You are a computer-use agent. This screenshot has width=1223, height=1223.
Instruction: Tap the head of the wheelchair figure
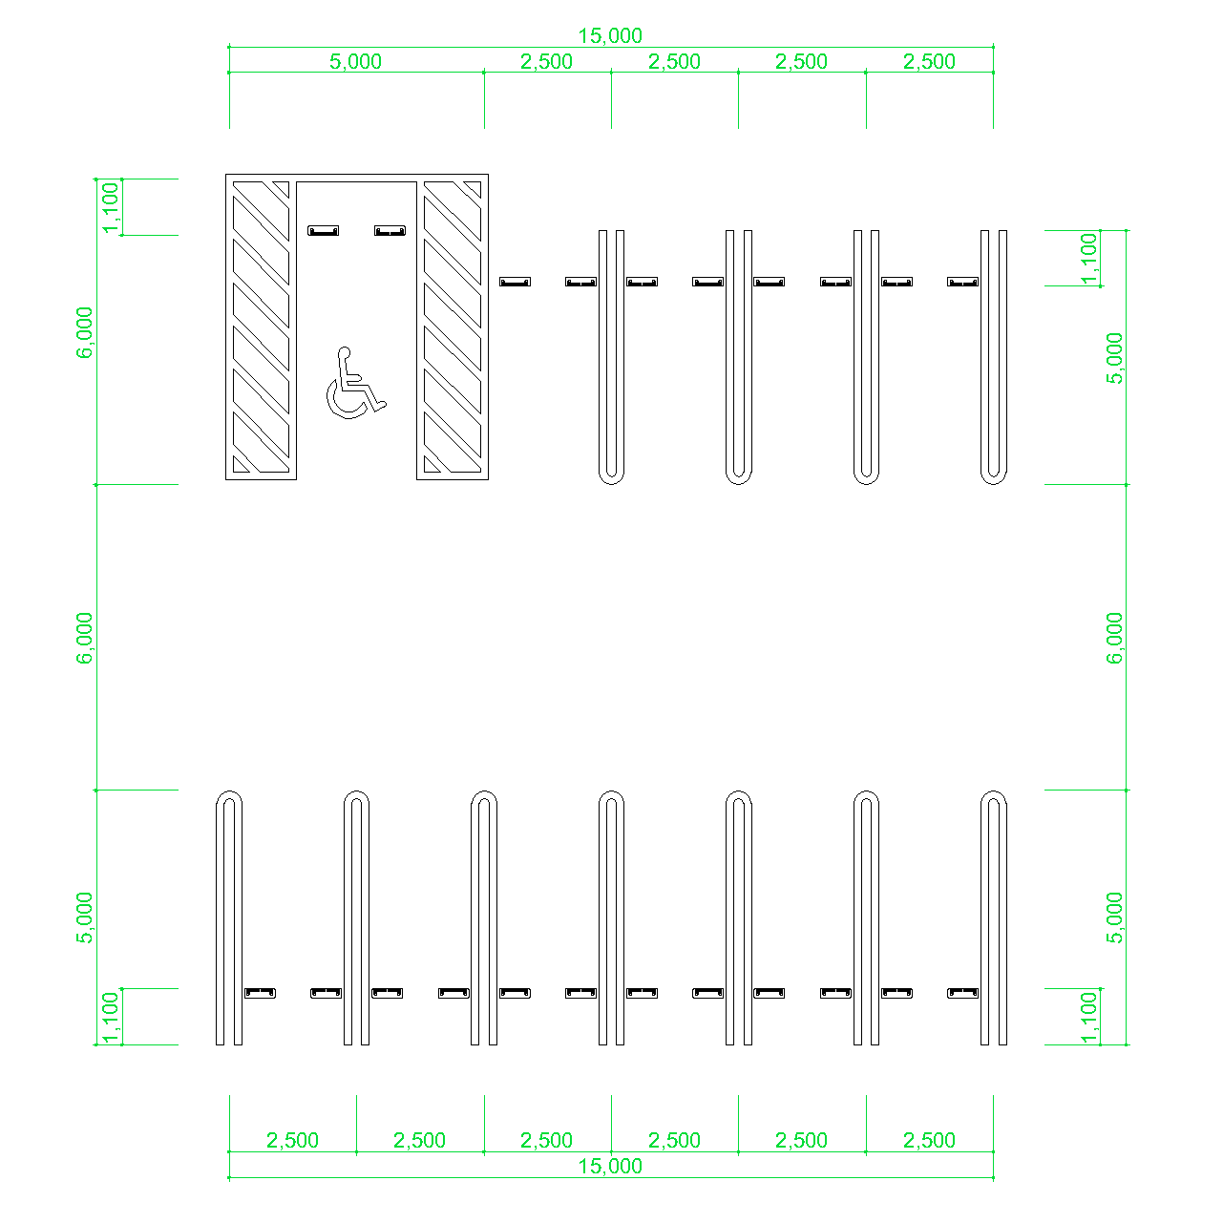(x=344, y=352)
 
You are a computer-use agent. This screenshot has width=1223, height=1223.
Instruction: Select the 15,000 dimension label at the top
(x=610, y=35)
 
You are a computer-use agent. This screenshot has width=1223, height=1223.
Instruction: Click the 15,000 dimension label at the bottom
(x=610, y=1166)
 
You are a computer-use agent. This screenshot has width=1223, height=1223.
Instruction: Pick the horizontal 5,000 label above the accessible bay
(x=355, y=61)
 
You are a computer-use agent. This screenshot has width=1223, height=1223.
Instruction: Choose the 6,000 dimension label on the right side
(x=1114, y=638)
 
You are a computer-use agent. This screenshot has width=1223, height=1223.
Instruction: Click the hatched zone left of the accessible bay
(x=261, y=327)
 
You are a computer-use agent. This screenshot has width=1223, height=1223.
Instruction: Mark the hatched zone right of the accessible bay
(x=453, y=327)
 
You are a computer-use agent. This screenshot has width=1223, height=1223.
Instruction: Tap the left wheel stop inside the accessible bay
(x=323, y=230)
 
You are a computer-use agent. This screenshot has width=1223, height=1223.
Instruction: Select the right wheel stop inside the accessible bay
(x=390, y=230)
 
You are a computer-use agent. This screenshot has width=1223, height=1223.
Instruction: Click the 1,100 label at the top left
(x=111, y=207)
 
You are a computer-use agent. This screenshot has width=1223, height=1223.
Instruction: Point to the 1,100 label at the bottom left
(x=111, y=1018)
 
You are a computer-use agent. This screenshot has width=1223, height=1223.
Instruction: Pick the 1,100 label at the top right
(x=1088, y=259)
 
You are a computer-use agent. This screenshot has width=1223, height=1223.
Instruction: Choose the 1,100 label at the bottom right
(x=1088, y=1018)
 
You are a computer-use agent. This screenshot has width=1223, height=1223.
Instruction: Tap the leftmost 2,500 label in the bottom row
(x=292, y=1141)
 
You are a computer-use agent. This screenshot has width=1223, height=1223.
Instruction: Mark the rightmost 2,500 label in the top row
(x=929, y=61)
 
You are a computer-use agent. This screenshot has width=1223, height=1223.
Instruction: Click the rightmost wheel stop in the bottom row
(x=962, y=993)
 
